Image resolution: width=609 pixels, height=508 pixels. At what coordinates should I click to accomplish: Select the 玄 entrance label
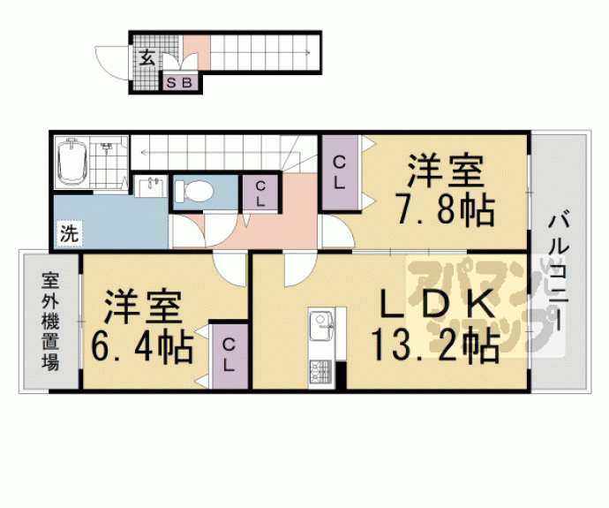point(147,59)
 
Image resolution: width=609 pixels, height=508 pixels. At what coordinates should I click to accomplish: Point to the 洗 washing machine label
point(68,235)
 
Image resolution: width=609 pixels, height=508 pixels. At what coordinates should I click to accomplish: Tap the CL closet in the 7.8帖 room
point(339,171)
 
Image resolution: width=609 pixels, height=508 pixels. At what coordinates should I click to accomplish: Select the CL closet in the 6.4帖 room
point(229,354)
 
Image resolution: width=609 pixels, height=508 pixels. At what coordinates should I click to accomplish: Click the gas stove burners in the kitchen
point(318,372)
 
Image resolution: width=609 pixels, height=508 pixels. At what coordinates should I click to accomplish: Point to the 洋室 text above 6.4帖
point(142,306)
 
